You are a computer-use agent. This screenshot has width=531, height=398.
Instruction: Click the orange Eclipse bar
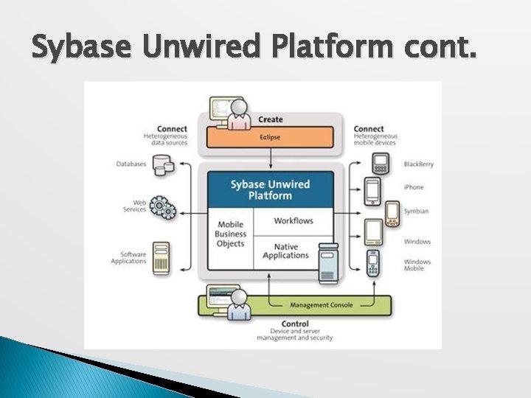click(270, 137)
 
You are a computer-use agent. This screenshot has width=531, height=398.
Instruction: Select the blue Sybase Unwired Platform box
click(270, 190)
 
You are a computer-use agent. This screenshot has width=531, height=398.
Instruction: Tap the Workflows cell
click(293, 220)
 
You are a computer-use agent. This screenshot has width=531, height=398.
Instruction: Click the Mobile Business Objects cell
click(230, 234)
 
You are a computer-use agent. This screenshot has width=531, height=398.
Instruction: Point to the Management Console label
click(321, 304)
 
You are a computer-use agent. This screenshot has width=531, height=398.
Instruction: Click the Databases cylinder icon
click(163, 166)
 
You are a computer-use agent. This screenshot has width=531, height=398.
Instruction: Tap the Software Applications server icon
click(161, 258)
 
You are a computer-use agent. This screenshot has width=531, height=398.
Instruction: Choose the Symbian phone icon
click(392, 212)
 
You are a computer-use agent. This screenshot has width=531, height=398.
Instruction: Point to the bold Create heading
click(270, 119)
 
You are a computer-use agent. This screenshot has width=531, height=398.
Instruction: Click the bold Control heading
click(294, 324)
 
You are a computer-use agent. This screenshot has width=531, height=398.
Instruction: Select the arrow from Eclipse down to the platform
click(270, 158)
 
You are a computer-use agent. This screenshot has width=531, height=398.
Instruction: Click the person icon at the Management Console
click(237, 304)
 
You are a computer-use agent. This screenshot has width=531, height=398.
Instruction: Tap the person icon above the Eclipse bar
click(237, 114)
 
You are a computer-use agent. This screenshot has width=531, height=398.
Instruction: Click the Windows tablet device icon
click(373, 231)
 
